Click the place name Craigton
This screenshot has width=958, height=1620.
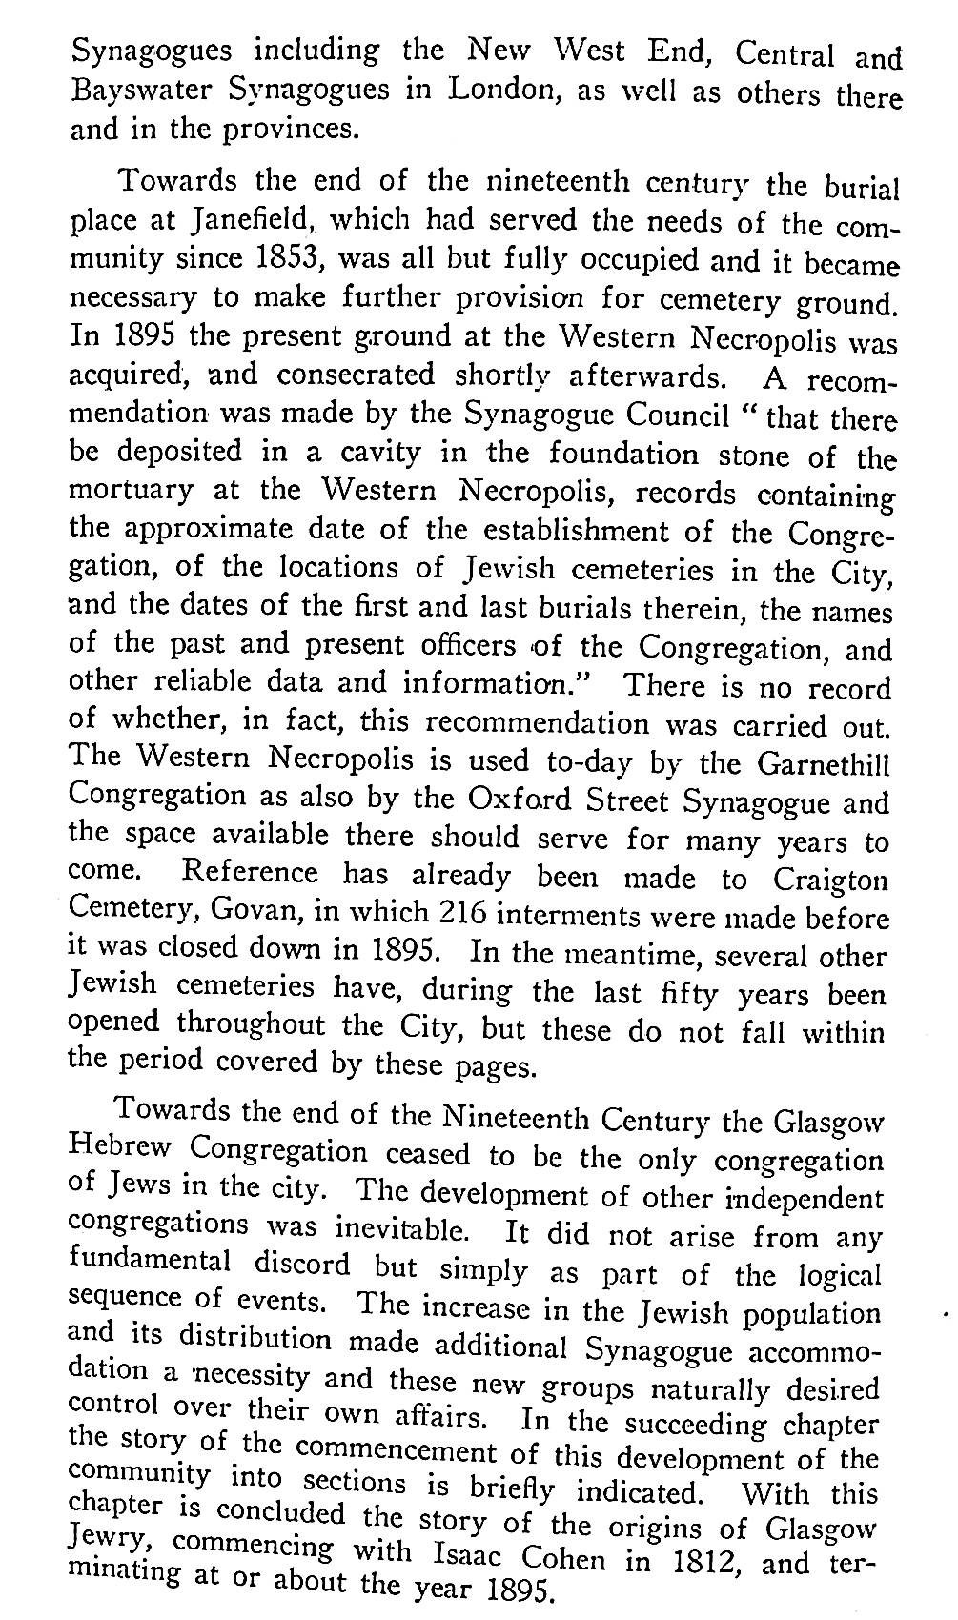pos(830,880)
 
